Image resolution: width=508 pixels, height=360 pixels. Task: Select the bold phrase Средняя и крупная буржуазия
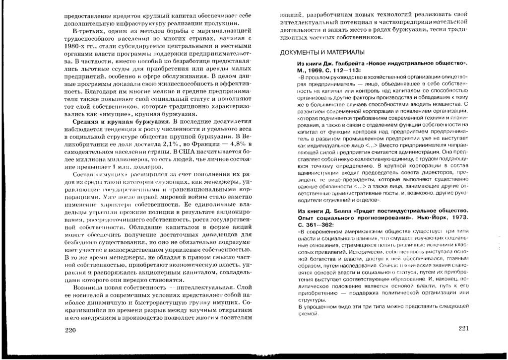[x=118, y=122]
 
